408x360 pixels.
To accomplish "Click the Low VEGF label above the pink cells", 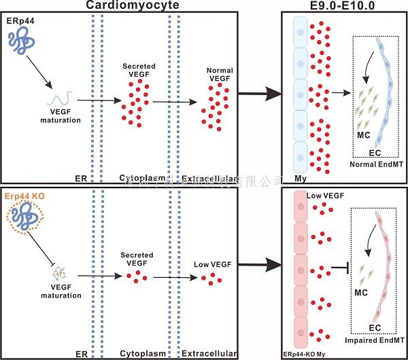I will coord(325,196).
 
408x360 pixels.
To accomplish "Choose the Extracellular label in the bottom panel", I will coord(209,354).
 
